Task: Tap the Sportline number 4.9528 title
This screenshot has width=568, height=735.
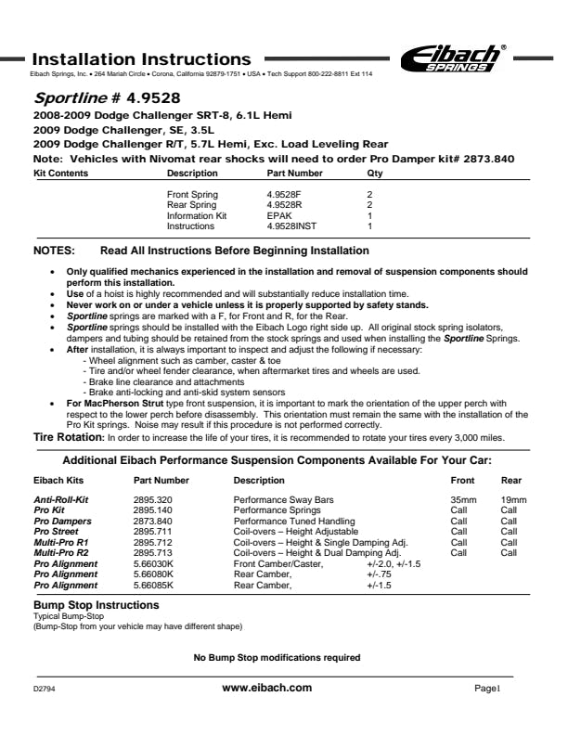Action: coord(106,97)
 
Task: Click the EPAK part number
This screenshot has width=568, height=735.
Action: coord(278,215)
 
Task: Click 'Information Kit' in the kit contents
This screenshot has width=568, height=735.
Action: coord(196,215)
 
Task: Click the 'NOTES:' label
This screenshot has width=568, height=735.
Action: coord(58,251)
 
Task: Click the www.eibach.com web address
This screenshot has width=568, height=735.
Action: coord(267,688)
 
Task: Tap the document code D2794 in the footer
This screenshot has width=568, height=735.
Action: coord(45,690)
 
